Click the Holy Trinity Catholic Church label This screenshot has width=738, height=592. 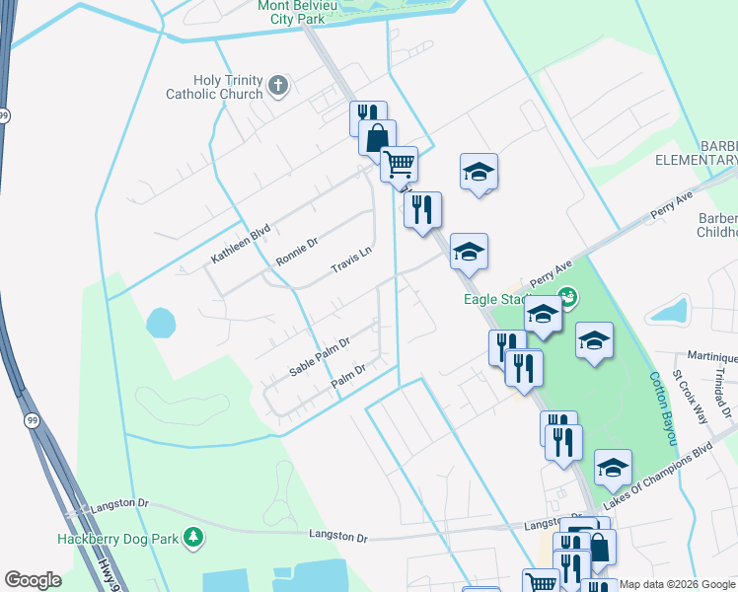[228, 87]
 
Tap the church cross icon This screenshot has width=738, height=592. [277, 86]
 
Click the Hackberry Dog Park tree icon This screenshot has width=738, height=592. [195, 537]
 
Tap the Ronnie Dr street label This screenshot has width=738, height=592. [297, 251]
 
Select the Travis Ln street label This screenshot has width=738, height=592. [351, 260]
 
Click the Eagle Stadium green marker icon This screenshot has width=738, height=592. [567, 295]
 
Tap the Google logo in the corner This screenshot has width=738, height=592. [33, 580]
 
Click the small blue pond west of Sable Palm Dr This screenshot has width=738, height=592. [160, 322]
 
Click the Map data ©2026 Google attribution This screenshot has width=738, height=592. [678, 584]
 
